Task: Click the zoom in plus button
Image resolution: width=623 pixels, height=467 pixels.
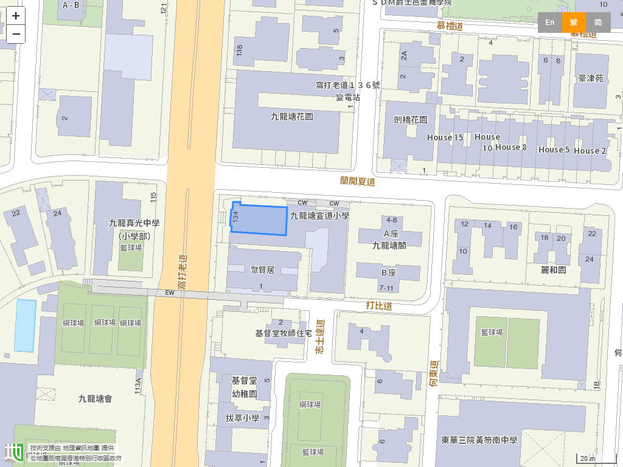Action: pos(16,16)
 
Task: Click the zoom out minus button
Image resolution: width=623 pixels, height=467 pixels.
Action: pos(16,34)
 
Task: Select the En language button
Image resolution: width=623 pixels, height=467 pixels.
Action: pos(549,22)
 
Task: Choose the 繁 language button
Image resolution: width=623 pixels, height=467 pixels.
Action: pos(574,22)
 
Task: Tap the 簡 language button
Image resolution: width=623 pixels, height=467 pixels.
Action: pos(598,22)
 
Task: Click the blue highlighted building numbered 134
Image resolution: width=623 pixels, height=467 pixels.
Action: pos(259,220)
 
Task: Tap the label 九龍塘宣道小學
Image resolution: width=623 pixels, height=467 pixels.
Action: pos(319,215)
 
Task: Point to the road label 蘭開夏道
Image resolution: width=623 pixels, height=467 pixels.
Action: pos(357,181)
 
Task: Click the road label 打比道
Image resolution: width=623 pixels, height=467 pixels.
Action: pos(379,305)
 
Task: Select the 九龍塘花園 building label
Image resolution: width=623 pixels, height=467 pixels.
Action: pos(291,116)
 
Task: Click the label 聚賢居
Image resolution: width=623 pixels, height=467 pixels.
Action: pos(263,270)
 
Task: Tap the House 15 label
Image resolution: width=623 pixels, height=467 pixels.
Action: pos(445,137)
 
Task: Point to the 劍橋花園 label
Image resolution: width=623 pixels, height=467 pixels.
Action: pos(410,120)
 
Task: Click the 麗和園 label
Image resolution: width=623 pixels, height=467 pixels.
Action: pos(553,269)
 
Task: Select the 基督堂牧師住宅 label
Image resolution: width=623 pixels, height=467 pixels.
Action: pos(284,333)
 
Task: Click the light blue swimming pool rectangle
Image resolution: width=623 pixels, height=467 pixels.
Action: pos(26,325)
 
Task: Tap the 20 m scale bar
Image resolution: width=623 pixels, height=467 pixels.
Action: pos(588,458)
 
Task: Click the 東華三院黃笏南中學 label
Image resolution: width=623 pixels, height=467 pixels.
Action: pos(479,440)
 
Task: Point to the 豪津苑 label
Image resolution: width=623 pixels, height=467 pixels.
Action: pos(590,78)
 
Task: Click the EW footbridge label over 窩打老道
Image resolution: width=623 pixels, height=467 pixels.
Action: pos(170,293)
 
